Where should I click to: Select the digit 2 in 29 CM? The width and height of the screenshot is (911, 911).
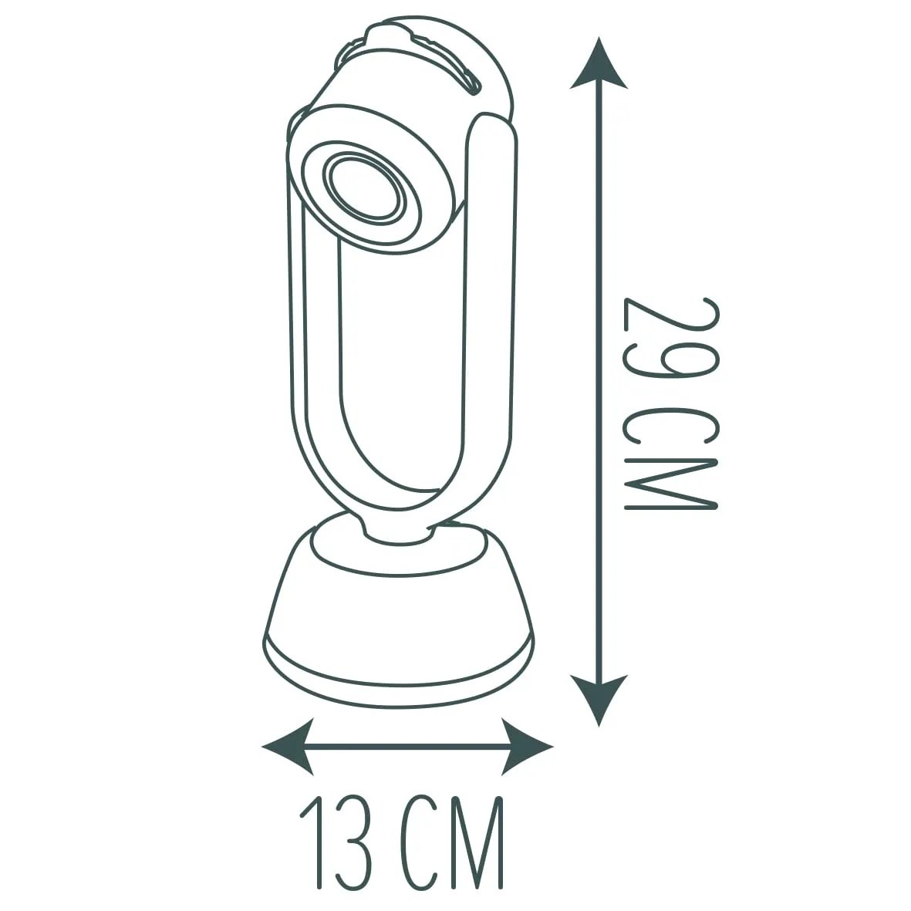673,328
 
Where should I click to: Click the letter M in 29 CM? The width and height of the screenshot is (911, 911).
673,483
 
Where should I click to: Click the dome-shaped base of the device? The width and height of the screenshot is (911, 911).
399,617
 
